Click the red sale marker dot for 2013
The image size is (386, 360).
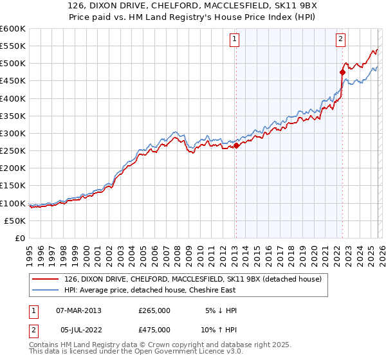pos(235,146)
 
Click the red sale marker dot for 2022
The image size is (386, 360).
pos(342,73)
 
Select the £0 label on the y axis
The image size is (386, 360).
pos(21,238)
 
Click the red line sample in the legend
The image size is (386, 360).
pos(46,278)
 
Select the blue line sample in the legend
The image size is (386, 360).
pos(46,290)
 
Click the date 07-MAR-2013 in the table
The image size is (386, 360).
pos(78,310)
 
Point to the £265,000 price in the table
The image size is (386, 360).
pos(154,310)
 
